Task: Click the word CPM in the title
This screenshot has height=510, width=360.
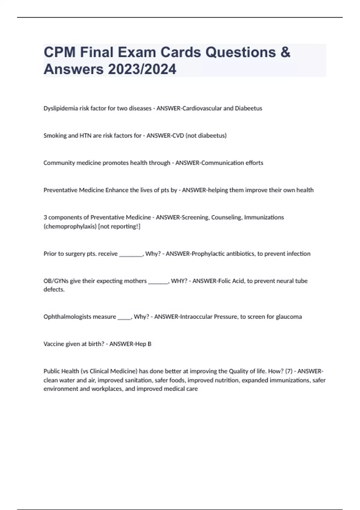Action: pos(59,52)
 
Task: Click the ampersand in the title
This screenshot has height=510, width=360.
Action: pos(286,52)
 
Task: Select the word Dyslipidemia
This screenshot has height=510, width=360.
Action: pos(60,108)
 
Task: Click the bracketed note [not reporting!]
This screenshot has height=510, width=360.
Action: pos(119,226)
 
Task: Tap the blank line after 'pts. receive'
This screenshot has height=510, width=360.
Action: pos(131,254)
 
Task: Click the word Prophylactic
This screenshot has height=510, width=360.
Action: pos(208,254)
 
